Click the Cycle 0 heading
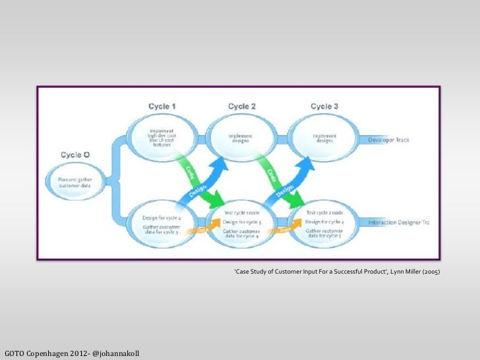click(76, 154)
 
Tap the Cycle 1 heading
click(162, 106)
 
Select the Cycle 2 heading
click(242, 106)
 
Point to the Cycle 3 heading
click(324, 106)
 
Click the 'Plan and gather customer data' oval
click(75, 181)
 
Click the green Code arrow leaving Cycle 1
click(191, 173)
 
